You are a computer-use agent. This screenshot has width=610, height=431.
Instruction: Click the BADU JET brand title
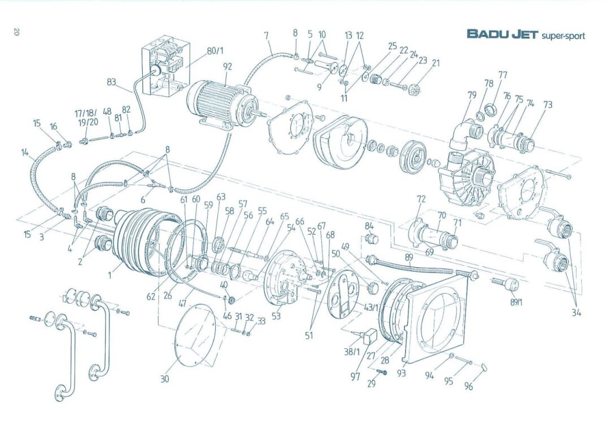(502, 34)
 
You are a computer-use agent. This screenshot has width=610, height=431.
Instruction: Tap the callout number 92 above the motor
(227, 66)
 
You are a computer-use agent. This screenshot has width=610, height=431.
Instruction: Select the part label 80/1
(215, 51)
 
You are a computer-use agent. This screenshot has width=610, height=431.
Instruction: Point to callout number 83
(112, 81)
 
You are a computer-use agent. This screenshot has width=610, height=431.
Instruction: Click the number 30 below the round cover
(164, 379)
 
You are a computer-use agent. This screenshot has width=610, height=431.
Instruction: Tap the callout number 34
(576, 312)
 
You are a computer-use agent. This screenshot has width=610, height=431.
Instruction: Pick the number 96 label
(469, 387)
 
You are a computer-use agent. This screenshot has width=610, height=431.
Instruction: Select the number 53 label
(276, 316)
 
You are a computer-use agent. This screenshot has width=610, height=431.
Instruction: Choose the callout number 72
(421, 199)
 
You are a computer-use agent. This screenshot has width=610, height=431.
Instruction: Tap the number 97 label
(355, 376)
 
